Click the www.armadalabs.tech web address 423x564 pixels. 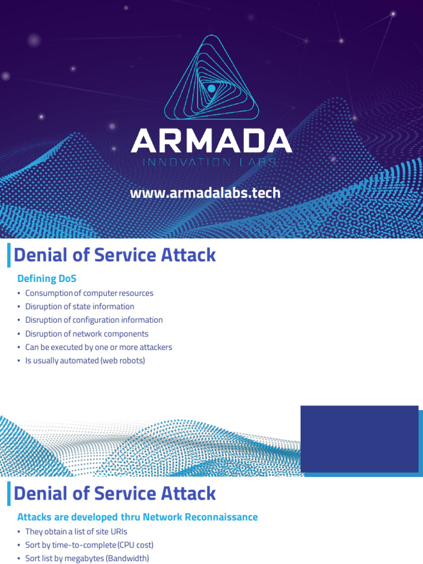tap(205, 193)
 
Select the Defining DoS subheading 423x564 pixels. tap(47, 279)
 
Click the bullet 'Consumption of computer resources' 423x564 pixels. tap(89, 293)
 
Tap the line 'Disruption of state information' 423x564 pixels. tap(80, 307)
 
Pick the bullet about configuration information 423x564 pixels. tap(94, 320)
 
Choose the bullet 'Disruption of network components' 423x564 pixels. tap(87, 334)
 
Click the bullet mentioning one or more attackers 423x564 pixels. tap(99, 348)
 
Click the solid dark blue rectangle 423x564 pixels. tap(359, 439)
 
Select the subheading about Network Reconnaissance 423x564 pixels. tap(138, 517)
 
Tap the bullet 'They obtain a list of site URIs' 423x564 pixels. tap(76, 532)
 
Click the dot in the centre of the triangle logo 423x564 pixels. tap(211, 88)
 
